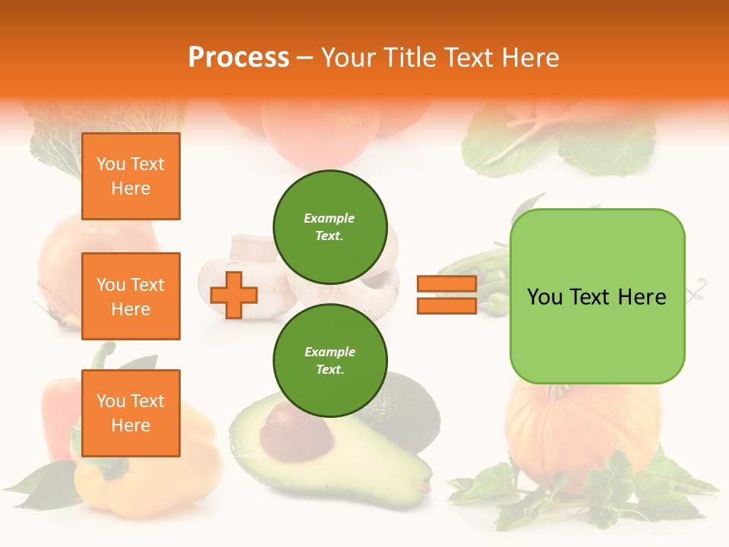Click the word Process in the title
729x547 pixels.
(x=238, y=58)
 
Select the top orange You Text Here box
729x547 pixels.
(x=131, y=176)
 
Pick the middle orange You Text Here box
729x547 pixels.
(x=131, y=296)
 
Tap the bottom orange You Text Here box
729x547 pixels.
(x=131, y=413)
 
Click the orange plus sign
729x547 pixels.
(x=234, y=295)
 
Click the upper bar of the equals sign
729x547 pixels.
(x=447, y=283)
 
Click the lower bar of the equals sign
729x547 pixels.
(x=447, y=305)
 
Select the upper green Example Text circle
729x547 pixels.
(x=330, y=226)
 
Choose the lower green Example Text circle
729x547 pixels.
(x=330, y=360)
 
